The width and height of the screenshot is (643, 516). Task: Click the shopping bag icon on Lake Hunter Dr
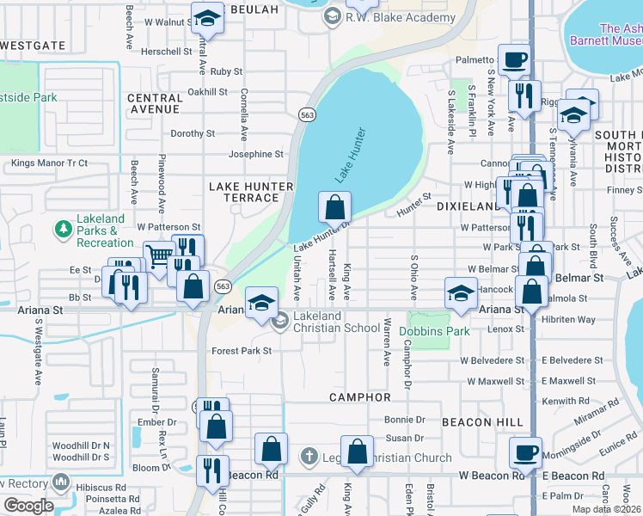pos(334,206)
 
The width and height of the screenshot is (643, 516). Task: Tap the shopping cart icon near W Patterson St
pos(158,255)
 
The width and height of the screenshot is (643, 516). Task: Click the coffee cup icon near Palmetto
pos(515,59)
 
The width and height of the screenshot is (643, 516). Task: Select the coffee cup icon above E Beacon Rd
pos(525,451)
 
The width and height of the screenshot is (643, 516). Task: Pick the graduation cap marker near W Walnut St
pos(206,17)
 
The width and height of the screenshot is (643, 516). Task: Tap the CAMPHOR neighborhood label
pos(360,397)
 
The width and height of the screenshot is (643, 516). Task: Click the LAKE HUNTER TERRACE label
pos(245,192)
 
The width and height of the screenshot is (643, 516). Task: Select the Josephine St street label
pos(255,155)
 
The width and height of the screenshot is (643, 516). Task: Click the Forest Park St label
pos(242,351)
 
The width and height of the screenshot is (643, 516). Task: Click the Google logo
pos(28,506)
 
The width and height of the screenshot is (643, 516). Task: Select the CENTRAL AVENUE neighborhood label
pos(155,104)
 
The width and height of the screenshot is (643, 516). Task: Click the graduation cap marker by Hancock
pos(462,292)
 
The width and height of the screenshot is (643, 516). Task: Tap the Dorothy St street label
pos(192,134)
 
